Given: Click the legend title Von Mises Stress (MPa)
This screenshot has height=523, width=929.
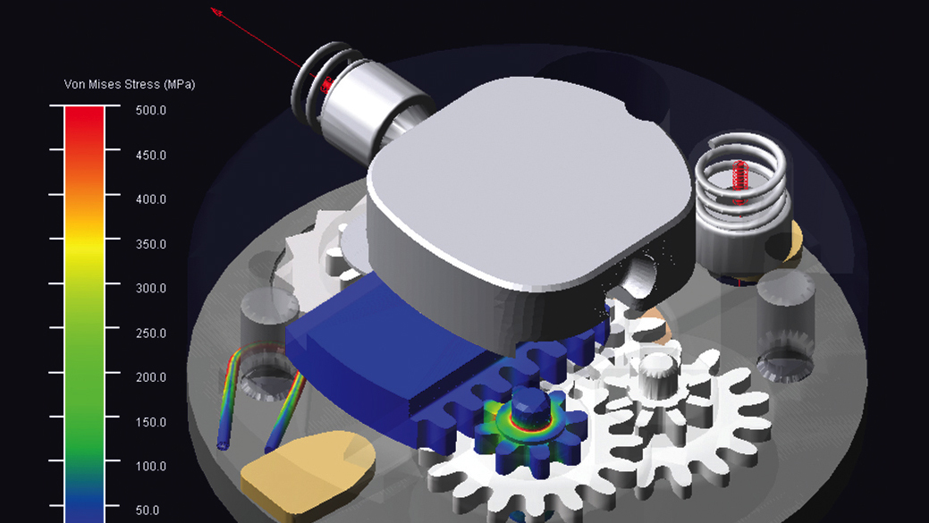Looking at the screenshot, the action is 129,85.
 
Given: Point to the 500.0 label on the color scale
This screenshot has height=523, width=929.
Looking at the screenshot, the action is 151,111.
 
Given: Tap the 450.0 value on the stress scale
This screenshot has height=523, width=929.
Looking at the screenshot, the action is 151,156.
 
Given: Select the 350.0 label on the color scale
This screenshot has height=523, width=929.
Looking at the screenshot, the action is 151,244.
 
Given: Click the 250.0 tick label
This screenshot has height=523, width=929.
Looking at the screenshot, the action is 151,333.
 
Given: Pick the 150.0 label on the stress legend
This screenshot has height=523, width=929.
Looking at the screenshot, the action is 151,422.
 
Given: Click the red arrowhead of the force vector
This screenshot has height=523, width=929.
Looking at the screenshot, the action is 217,12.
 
